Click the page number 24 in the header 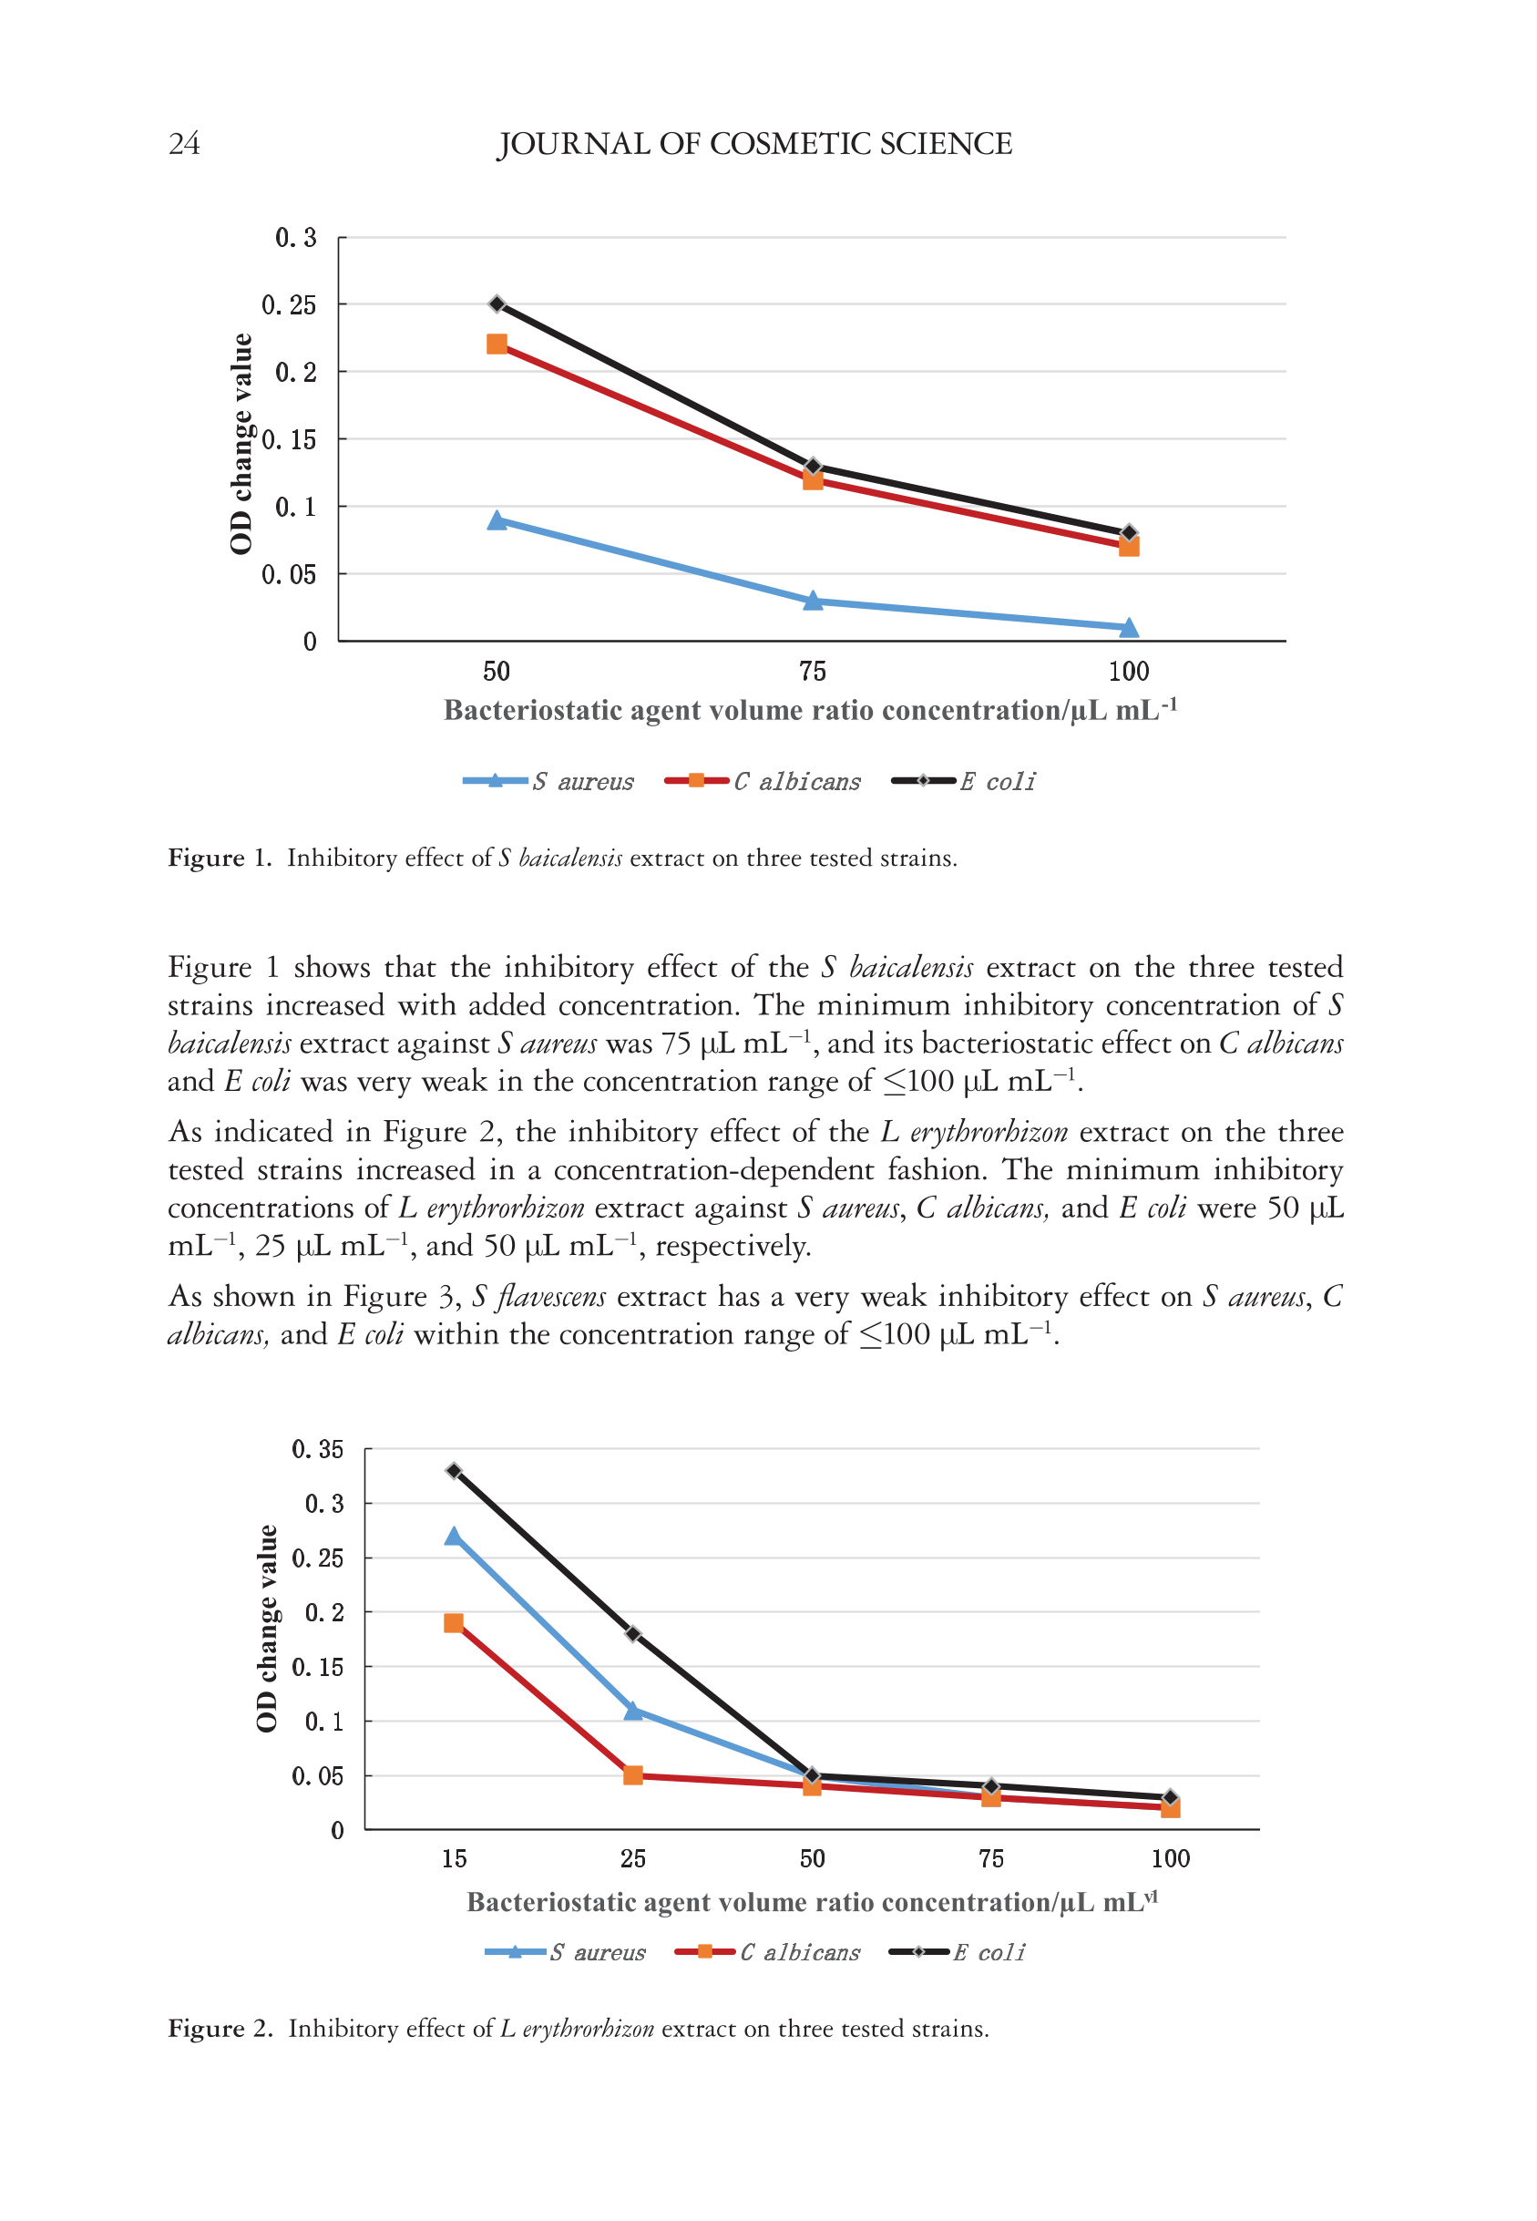point(184,143)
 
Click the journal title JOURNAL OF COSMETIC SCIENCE point(754,143)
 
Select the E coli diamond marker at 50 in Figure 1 point(497,304)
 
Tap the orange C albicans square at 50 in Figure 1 point(497,344)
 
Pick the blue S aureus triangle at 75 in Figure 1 point(813,601)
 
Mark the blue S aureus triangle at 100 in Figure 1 point(1129,628)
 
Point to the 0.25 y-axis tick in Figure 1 point(289,305)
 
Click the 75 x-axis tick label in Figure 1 point(813,672)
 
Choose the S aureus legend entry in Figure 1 point(548,781)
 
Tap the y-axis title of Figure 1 point(241,443)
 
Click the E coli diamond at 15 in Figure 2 point(454,1471)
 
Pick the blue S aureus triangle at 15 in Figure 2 point(454,1537)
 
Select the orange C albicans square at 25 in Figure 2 point(632,1775)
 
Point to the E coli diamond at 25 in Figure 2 point(632,1633)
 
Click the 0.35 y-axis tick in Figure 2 point(318,1449)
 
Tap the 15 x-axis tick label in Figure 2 point(454,1859)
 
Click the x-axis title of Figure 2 point(812,1902)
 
